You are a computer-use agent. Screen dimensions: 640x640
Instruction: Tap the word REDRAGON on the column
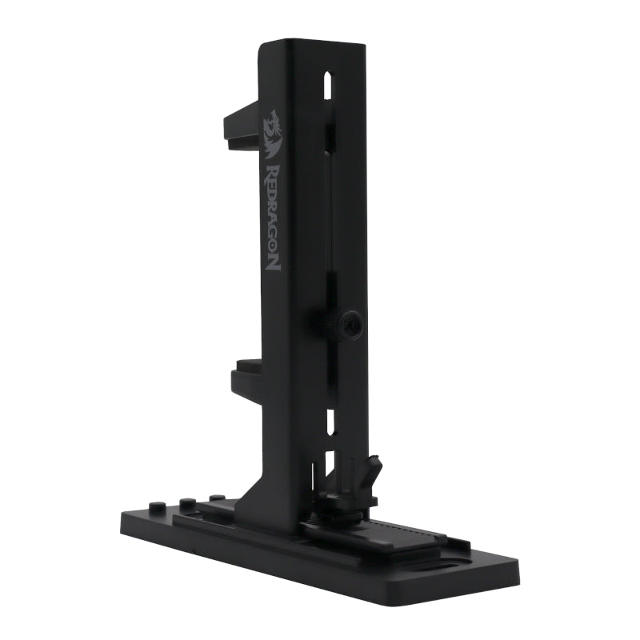click(273, 216)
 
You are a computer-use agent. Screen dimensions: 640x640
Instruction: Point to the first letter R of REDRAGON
click(272, 174)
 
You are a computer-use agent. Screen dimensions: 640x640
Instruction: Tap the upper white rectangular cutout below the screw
click(328, 419)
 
